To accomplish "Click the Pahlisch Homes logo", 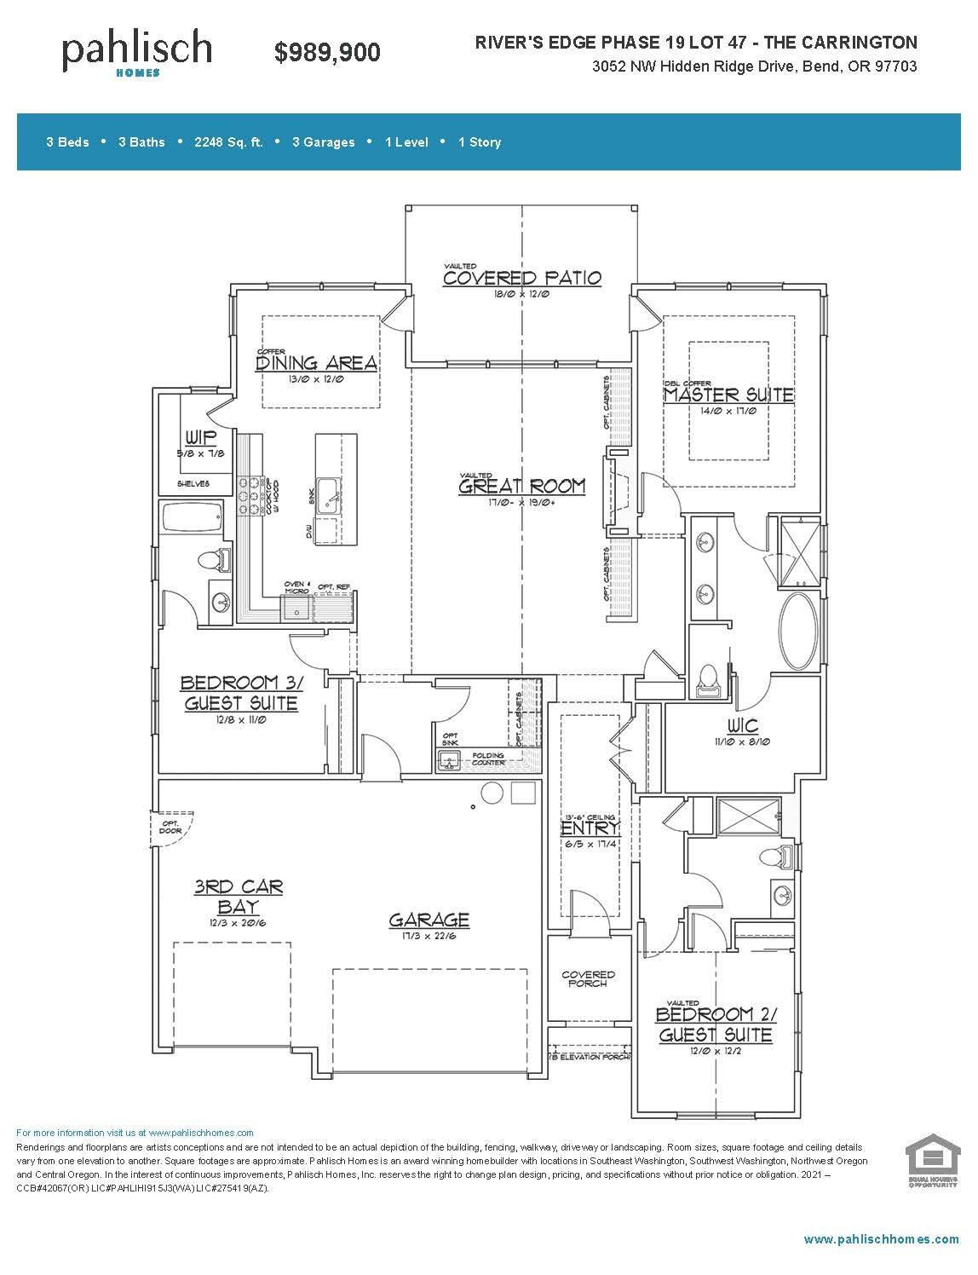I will pyautogui.click(x=136, y=52).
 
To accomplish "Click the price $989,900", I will pyautogui.click(x=327, y=53).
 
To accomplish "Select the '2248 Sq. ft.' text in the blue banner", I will pyautogui.click(x=228, y=142).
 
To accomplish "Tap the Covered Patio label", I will pyautogui.click(x=522, y=278).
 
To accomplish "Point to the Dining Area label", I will pyautogui.click(x=316, y=364).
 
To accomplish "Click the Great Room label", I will pyautogui.click(x=522, y=487).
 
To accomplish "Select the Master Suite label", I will pyautogui.click(x=728, y=395).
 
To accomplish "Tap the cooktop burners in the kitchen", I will pyautogui.click(x=249, y=494).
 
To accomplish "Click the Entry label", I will pyautogui.click(x=590, y=828).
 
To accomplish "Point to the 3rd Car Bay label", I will pyautogui.click(x=238, y=897).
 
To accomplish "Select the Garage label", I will pyautogui.click(x=429, y=920).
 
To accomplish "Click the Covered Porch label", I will pyautogui.click(x=588, y=978).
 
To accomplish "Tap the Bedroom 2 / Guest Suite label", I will pyautogui.click(x=716, y=1024).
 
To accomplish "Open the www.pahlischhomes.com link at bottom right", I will pyautogui.click(x=881, y=1239).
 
